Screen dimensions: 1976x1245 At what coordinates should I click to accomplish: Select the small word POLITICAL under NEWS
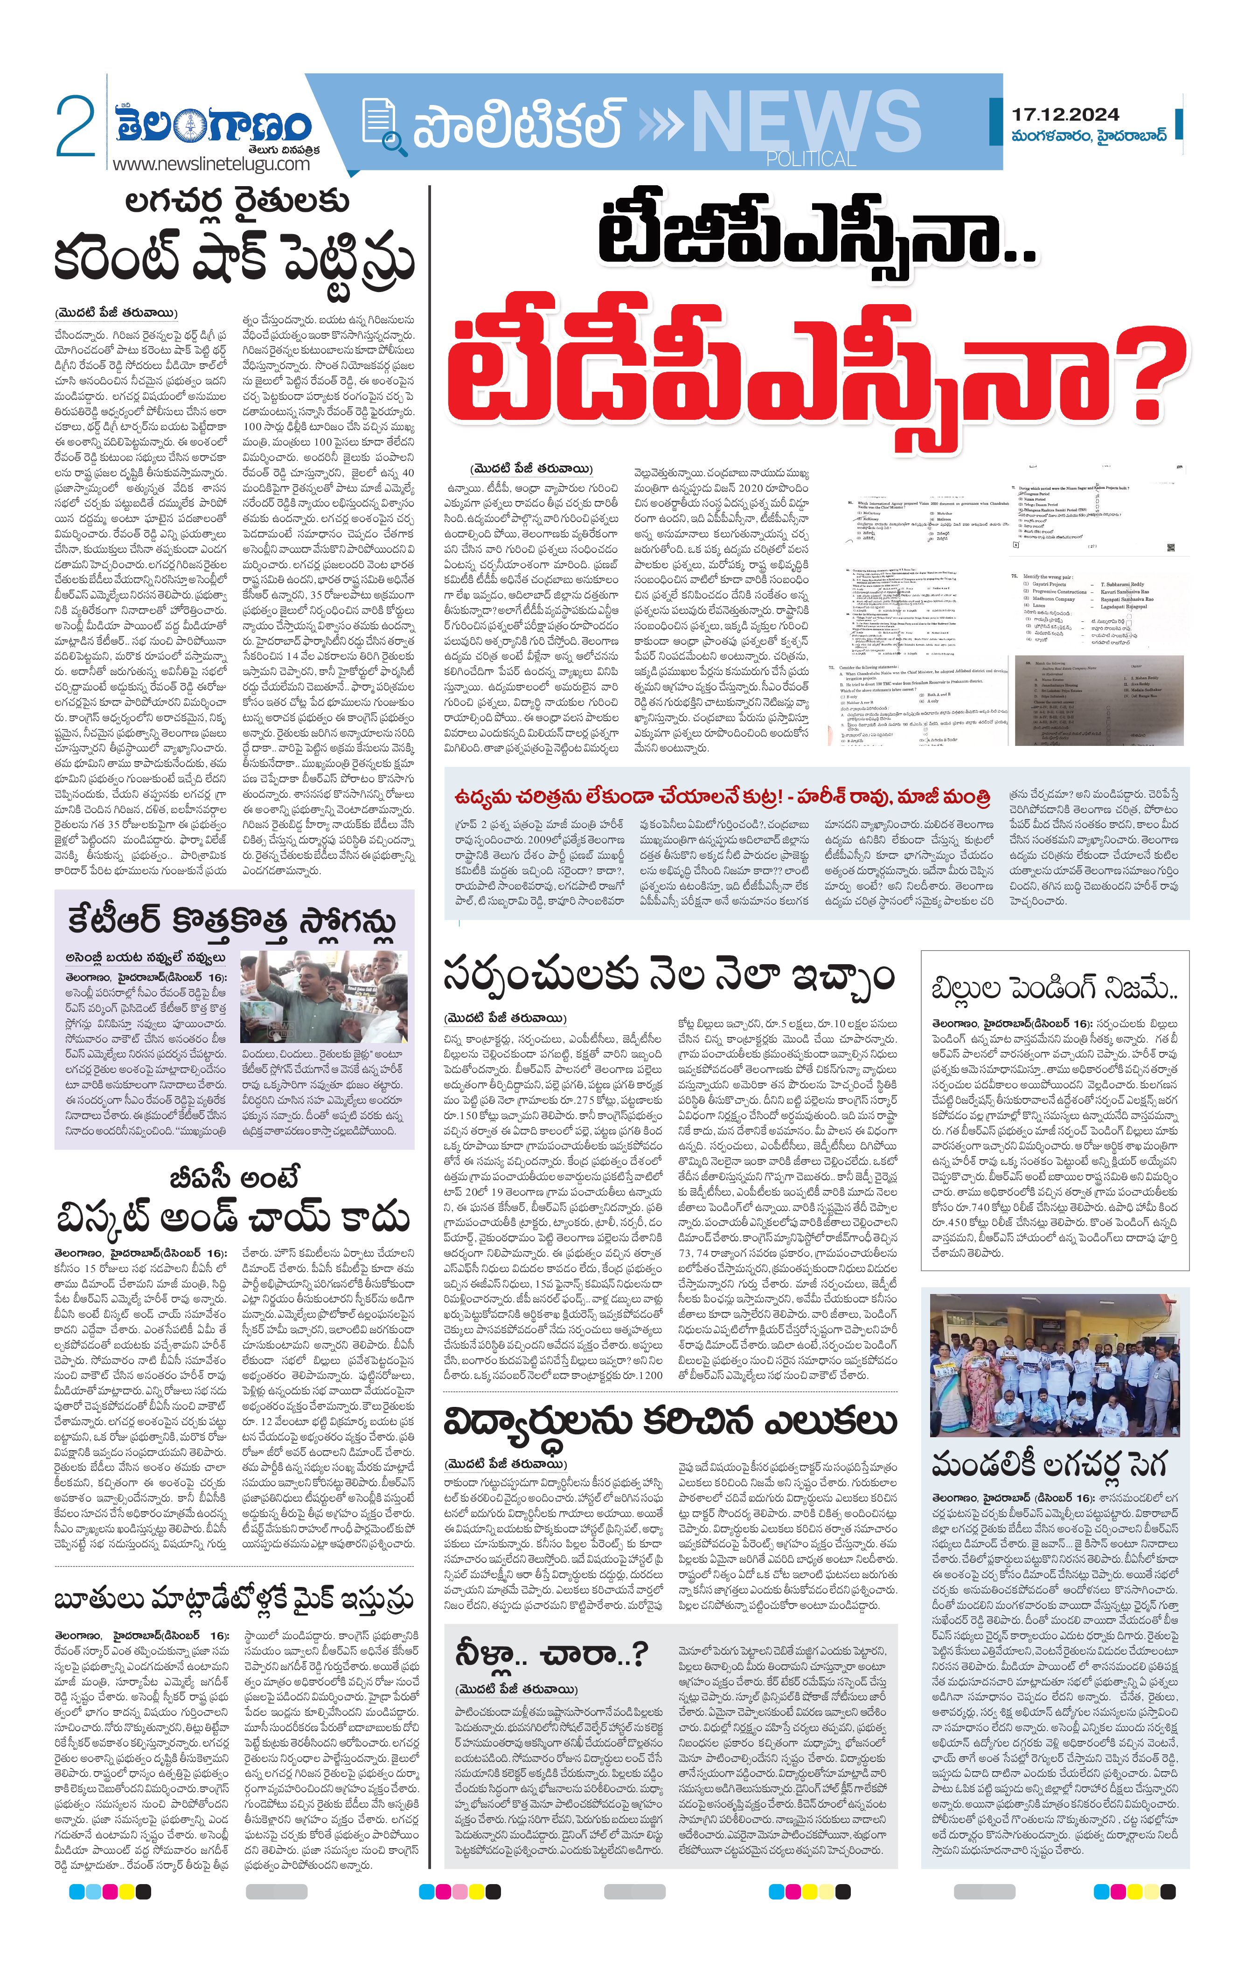(810, 159)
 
